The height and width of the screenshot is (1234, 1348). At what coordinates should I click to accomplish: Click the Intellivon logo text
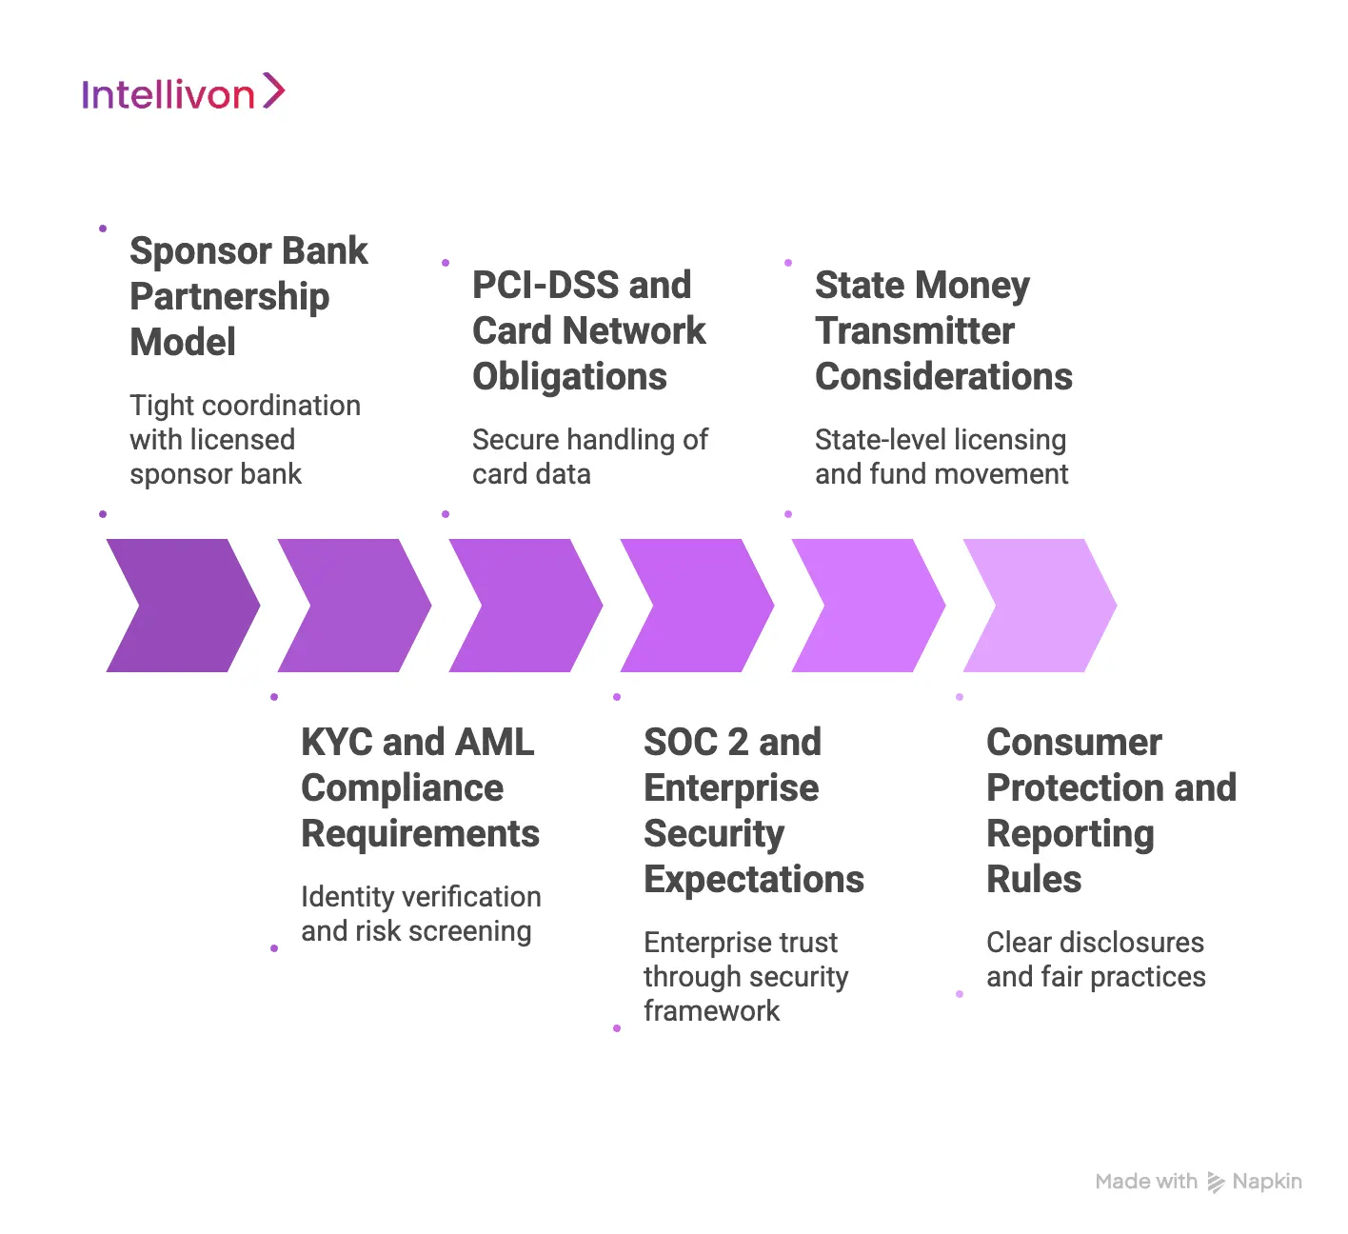click(168, 94)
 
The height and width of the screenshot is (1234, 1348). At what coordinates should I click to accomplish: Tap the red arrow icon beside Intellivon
click(273, 90)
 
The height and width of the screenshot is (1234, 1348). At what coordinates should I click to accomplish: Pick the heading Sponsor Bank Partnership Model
click(248, 296)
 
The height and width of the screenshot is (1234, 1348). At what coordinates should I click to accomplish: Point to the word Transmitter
click(915, 330)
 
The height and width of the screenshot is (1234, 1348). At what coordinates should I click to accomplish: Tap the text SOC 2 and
click(732, 742)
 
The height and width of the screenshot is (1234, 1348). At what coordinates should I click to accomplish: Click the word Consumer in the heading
click(1074, 742)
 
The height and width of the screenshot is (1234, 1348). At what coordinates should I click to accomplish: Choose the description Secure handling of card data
click(589, 457)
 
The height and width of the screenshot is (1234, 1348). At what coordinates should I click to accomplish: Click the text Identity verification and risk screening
click(420, 914)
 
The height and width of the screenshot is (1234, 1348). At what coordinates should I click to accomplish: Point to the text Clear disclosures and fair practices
click(1095, 960)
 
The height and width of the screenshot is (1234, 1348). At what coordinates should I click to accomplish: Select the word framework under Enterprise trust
click(711, 1011)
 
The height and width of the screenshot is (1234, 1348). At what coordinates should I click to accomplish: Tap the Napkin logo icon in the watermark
click(1216, 1183)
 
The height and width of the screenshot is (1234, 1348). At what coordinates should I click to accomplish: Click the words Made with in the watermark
click(1146, 1182)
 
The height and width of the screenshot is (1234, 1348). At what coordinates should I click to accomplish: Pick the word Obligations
click(569, 377)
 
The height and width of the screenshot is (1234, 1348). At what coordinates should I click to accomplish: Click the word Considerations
click(943, 377)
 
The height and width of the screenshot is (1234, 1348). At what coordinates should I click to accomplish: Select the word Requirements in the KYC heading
click(420, 834)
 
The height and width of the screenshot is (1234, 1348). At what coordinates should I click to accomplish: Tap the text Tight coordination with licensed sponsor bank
click(245, 440)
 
